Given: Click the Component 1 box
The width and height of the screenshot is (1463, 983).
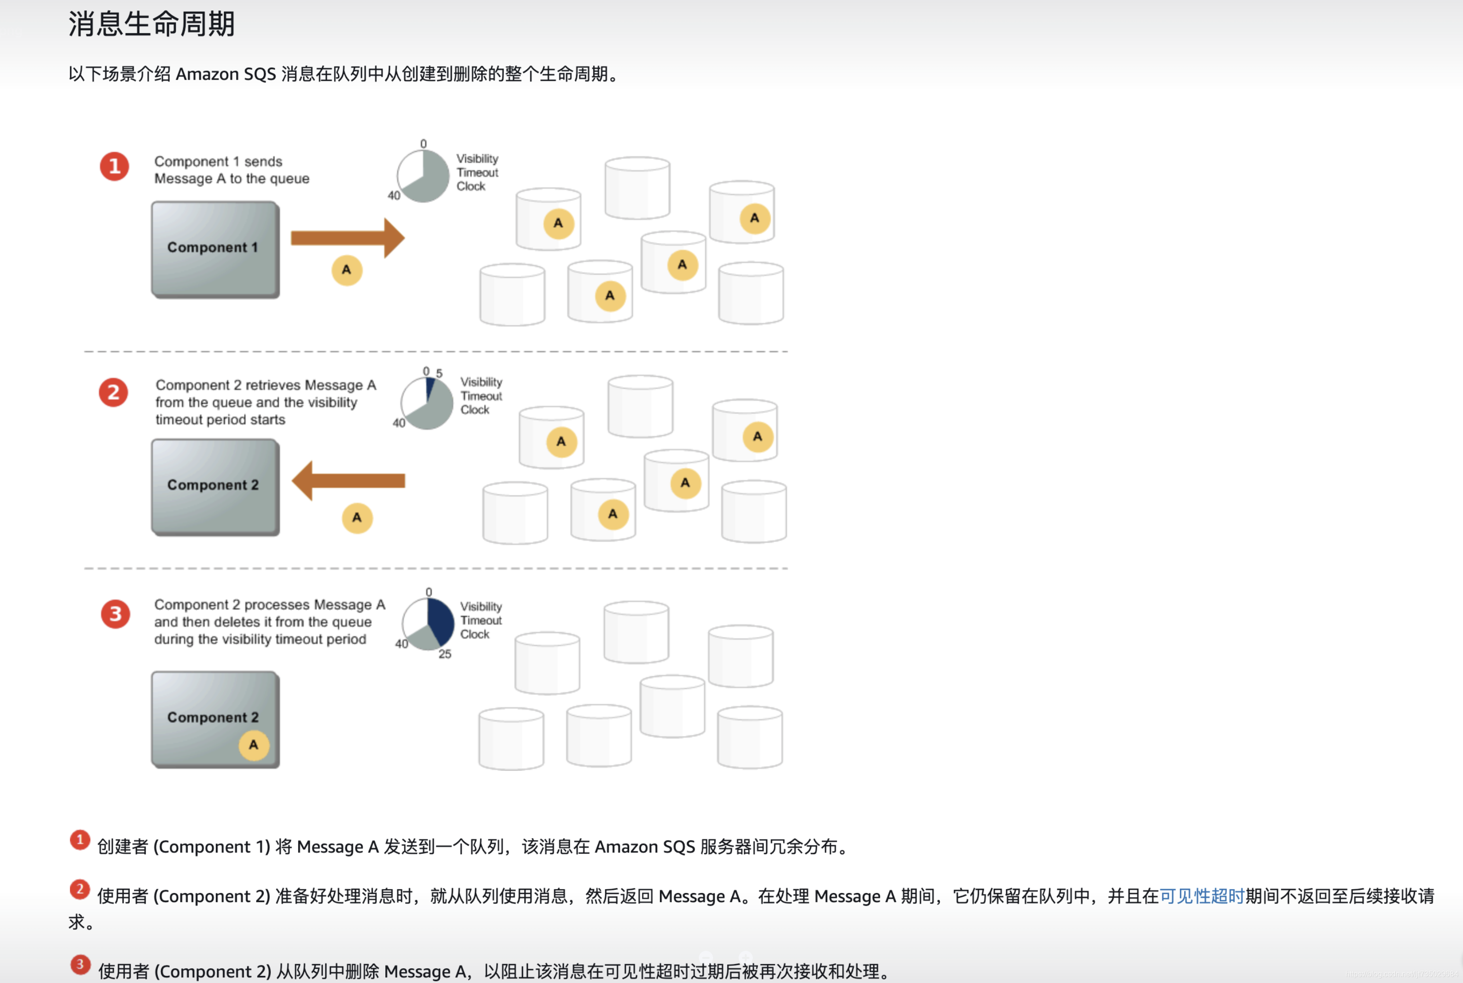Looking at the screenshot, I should [215, 249].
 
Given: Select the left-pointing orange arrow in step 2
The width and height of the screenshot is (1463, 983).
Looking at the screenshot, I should [348, 481].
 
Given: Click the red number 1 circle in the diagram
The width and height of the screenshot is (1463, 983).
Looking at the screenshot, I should [115, 166].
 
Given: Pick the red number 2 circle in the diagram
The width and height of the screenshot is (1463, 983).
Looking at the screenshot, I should [114, 393].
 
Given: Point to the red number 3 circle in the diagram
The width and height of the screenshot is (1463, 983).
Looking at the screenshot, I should [116, 614].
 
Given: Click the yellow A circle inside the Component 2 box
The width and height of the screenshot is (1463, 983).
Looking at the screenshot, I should [254, 745].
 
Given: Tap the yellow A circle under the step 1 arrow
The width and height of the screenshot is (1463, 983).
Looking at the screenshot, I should [347, 270].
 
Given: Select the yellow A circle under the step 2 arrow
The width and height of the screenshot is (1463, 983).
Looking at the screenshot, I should [357, 518].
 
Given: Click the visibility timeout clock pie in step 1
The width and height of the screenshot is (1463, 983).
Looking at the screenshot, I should [423, 176].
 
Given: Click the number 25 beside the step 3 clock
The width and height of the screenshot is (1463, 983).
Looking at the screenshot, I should [445, 654].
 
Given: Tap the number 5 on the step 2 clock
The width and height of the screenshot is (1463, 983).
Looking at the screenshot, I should [439, 373].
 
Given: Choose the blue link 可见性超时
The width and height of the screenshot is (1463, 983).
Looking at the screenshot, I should [1202, 896].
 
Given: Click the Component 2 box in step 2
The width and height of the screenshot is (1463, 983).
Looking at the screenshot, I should [215, 486].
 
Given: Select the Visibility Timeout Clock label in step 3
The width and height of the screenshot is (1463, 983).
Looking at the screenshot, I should [481, 620].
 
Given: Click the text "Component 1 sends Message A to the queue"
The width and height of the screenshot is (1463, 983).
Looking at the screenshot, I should [232, 170].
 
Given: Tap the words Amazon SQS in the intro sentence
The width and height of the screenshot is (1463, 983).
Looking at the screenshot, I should [226, 74].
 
